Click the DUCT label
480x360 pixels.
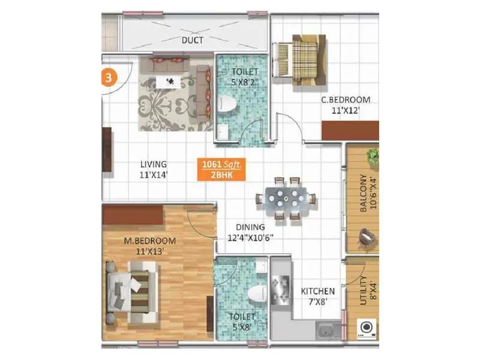[x=192, y=40]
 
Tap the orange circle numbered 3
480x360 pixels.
[x=107, y=79]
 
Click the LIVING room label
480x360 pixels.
[x=154, y=164]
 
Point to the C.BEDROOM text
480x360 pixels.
[x=345, y=100]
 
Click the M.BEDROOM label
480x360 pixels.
[x=145, y=241]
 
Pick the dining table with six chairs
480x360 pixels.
[x=282, y=198]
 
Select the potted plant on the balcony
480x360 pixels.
[x=373, y=157]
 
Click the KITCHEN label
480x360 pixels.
[x=317, y=291]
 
